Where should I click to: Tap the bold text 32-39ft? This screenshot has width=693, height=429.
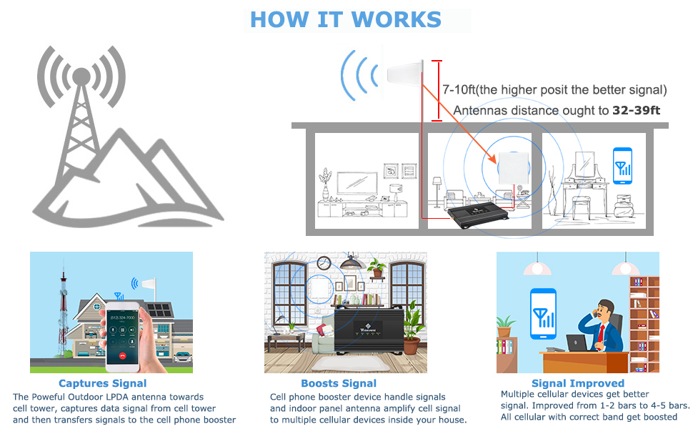pos(637,111)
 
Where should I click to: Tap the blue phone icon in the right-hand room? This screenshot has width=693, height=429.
pos(624,165)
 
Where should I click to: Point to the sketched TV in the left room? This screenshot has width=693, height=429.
pos(358,184)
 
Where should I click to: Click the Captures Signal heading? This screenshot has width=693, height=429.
pos(103,384)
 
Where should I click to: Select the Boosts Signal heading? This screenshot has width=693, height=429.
pos(339,384)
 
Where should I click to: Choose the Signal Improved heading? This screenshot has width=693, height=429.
pos(577,384)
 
